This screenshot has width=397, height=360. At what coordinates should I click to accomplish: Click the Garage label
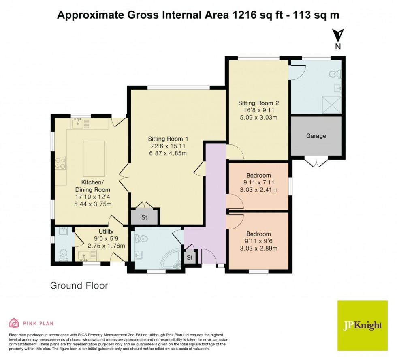pos(316,136)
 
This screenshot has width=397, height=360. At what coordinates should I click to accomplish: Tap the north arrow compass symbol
pos(338,35)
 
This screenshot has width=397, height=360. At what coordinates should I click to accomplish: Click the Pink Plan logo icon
pos(14,323)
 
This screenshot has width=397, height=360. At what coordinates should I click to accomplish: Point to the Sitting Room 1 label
pos(168,139)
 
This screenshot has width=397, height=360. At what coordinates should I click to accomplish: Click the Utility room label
pos(100,231)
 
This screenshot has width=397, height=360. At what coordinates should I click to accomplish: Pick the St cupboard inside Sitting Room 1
pos(144,217)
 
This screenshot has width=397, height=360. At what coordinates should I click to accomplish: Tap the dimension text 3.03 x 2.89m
pos(258,249)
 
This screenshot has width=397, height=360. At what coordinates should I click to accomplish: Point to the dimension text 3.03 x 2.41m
pos(258,190)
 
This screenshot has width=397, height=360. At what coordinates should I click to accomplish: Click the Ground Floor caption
pos(79,285)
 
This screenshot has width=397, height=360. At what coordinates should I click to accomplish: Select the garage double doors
pos(316,163)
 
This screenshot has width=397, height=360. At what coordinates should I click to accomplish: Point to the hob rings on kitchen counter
pos(61,163)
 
